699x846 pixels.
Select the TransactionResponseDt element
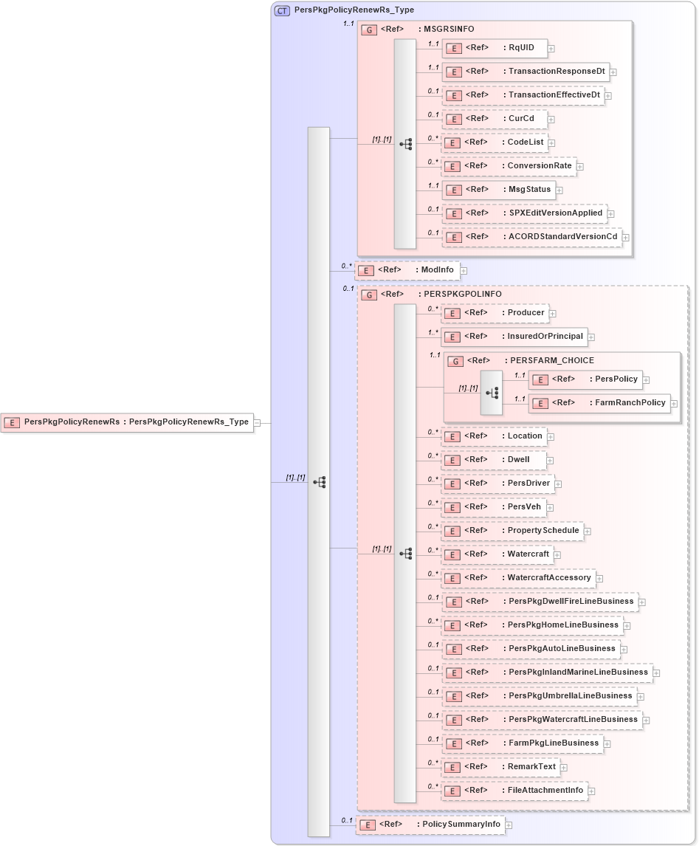point(526,72)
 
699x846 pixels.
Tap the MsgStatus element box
point(498,190)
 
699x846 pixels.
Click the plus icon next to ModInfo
point(464,271)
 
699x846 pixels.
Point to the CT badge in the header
point(282,11)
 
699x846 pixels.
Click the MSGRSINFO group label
point(447,30)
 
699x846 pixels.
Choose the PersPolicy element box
point(585,379)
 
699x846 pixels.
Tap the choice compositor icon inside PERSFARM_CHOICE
point(492,392)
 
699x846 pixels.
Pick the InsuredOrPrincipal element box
point(514,337)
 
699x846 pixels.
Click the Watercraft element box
point(497,554)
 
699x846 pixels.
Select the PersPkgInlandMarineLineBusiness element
point(546,673)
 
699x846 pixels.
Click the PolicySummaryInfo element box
point(430,825)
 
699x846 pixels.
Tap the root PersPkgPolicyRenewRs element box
point(127,422)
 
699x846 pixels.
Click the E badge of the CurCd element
point(454,120)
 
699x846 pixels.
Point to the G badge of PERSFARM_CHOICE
point(456,362)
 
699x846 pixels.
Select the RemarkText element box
point(500,767)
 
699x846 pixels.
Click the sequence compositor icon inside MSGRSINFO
point(405,145)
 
